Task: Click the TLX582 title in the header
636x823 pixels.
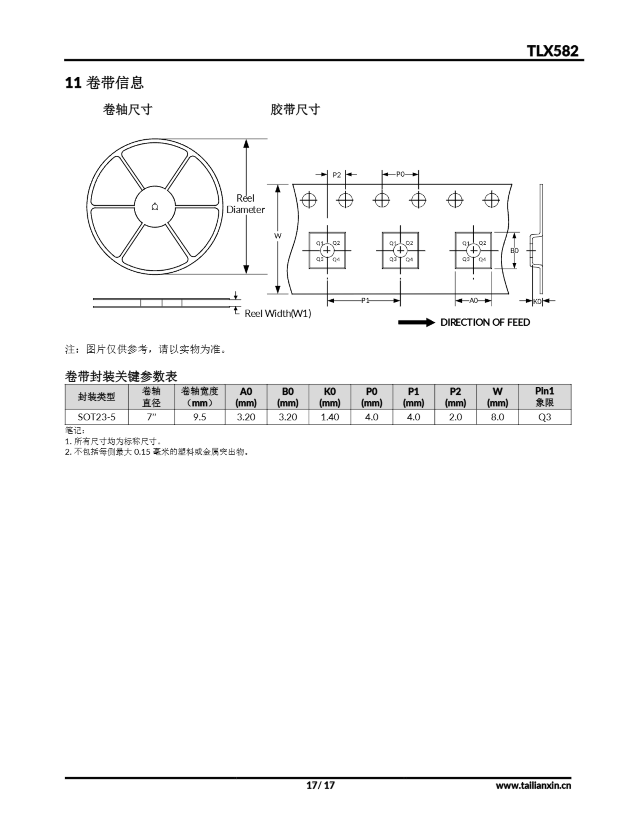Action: click(552, 50)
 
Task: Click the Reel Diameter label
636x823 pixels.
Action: click(245, 204)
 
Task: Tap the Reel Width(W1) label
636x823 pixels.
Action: click(278, 313)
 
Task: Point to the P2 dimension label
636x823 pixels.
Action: click(337, 175)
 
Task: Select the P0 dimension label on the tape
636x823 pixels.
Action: click(400, 174)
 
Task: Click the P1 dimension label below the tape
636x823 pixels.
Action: click(365, 300)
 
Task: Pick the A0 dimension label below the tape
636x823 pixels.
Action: click(474, 300)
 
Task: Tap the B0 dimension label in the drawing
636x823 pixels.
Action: click(514, 250)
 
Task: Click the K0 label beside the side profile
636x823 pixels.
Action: click(538, 301)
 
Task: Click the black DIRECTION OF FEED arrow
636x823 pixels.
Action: click(417, 322)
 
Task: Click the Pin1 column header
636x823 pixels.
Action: click(545, 396)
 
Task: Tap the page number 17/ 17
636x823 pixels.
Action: click(321, 785)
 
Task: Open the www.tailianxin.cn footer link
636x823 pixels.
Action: click(533, 785)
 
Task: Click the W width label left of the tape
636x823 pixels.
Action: click(278, 236)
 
